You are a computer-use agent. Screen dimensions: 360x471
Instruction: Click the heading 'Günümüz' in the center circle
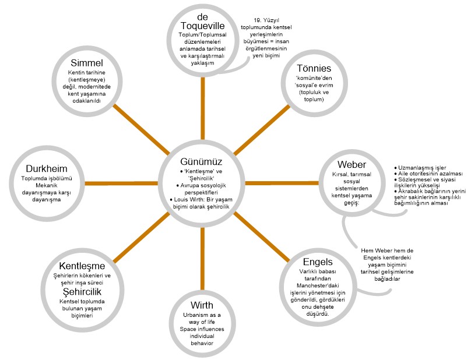pyautogui.click(x=202, y=161)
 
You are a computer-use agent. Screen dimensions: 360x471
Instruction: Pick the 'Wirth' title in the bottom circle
pyautogui.click(x=202, y=306)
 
